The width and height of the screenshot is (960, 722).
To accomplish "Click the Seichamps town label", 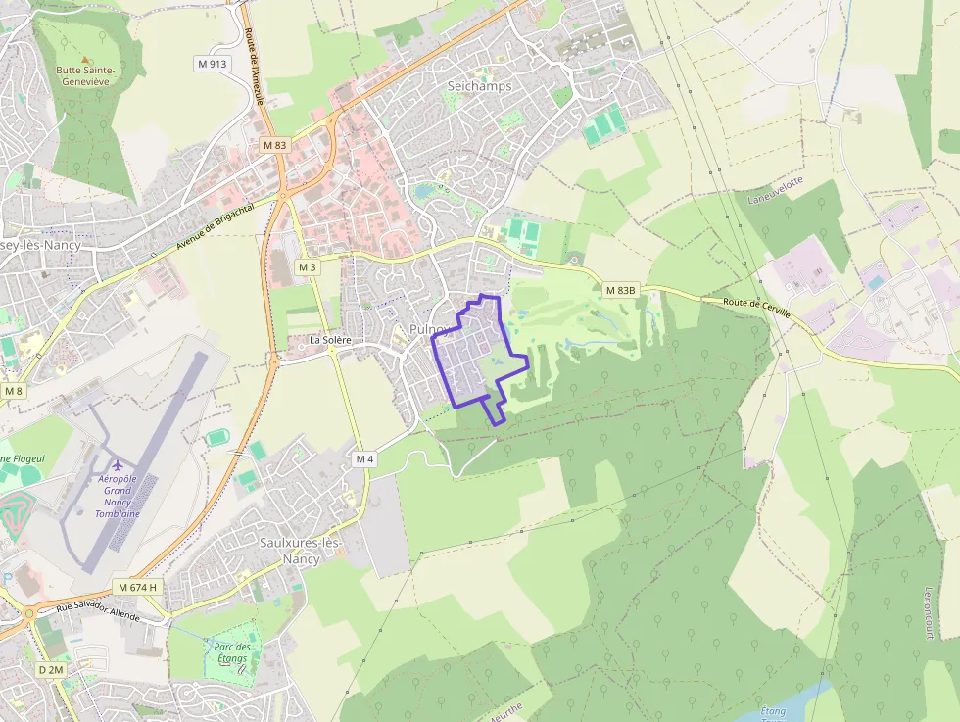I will (479, 86).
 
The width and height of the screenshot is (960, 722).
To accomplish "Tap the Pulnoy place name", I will (429, 329).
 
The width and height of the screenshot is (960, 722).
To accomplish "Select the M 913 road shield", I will (212, 64).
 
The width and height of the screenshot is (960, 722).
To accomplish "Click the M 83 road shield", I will (275, 145).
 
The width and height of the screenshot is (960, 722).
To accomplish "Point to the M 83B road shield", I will (620, 290).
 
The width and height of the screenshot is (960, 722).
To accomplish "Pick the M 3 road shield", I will (308, 267).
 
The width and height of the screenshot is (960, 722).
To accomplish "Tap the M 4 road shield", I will (364, 458).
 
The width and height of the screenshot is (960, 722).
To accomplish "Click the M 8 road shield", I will (12, 391).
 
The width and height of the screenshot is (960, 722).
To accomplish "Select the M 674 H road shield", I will (136, 587).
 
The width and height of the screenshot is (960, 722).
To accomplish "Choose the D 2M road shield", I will (50, 669).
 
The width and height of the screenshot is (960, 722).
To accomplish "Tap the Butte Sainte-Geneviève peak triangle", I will (84, 59).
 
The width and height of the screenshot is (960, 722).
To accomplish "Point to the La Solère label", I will (330, 340).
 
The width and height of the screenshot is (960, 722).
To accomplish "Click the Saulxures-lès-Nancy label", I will (299, 550).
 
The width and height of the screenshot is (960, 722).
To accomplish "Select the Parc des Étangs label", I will (232, 652).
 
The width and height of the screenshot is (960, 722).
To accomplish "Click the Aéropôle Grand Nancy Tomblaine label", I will (117, 496).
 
